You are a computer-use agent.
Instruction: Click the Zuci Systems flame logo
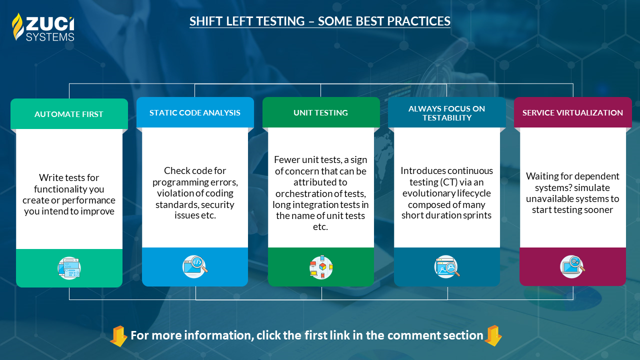pyautogui.click(x=17, y=26)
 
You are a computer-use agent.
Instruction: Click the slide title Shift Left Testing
pyautogui.click(x=320, y=21)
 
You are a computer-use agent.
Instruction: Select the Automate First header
pyautogui.click(x=69, y=114)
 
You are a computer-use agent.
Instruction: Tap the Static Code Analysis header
pyautogui.click(x=195, y=112)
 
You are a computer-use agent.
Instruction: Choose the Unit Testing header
pyautogui.click(x=321, y=112)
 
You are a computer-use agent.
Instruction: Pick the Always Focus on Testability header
pyautogui.click(x=447, y=113)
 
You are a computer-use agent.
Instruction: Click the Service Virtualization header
pyautogui.click(x=572, y=112)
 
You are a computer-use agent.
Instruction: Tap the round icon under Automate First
pyautogui.click(x=69, y=268)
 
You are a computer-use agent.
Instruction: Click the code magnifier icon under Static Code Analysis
pyautogui.click(x=195, y=266)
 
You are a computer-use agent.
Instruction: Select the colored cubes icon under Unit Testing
pyautogui.click(x=321, y=267)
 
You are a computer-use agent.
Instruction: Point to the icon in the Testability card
pyautogui.click(x=447, y=266)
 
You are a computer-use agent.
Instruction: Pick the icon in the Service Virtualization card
pyautogui.click(x=572, y=266)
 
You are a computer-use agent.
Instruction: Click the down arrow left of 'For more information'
pyautogui.click(x=118, y=335)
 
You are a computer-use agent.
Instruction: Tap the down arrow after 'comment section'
pyautogui.click(x=493, y=335)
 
